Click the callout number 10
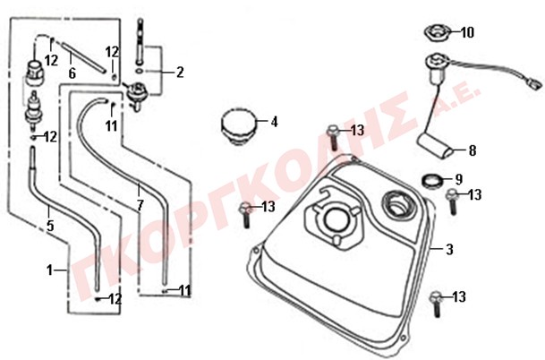coord(467,33)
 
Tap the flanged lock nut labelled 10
coord(436,33)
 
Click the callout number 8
coord(473,151)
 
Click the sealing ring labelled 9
coord(433,181)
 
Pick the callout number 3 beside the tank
coord(450,249)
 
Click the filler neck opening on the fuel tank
coord(399,206)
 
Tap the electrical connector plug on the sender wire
coord(537,85)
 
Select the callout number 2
coord(180,73)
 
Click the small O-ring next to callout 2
coord(139,72)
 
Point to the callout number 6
coord(72,73)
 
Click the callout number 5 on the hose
coord(50,227)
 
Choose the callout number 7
coord(140,206)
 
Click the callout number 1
coord(50,270)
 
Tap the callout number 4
coord(274,122)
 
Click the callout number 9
coord(459,179)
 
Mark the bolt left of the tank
coord(245,215)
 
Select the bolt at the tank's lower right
coord(436,304)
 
